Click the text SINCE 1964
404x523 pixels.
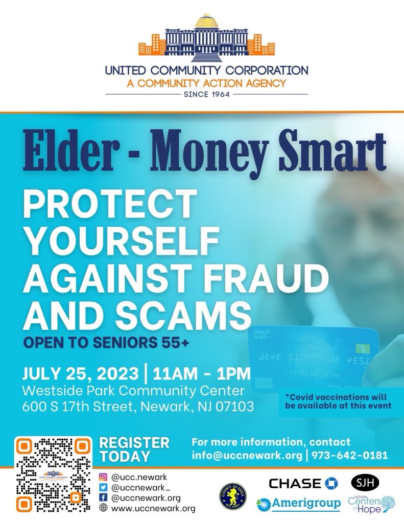(x=207, y=94)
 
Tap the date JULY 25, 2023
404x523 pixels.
(x=81, y=373)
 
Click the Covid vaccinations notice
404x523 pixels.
(x=336, y=401)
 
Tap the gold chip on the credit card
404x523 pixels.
(x=363, y=348)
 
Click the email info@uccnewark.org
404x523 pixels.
(x=246, y=455)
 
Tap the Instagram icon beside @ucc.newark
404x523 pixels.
(x=103, y=477)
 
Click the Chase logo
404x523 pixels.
(x=304, y=483)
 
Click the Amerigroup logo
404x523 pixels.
(x=299, y=504)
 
